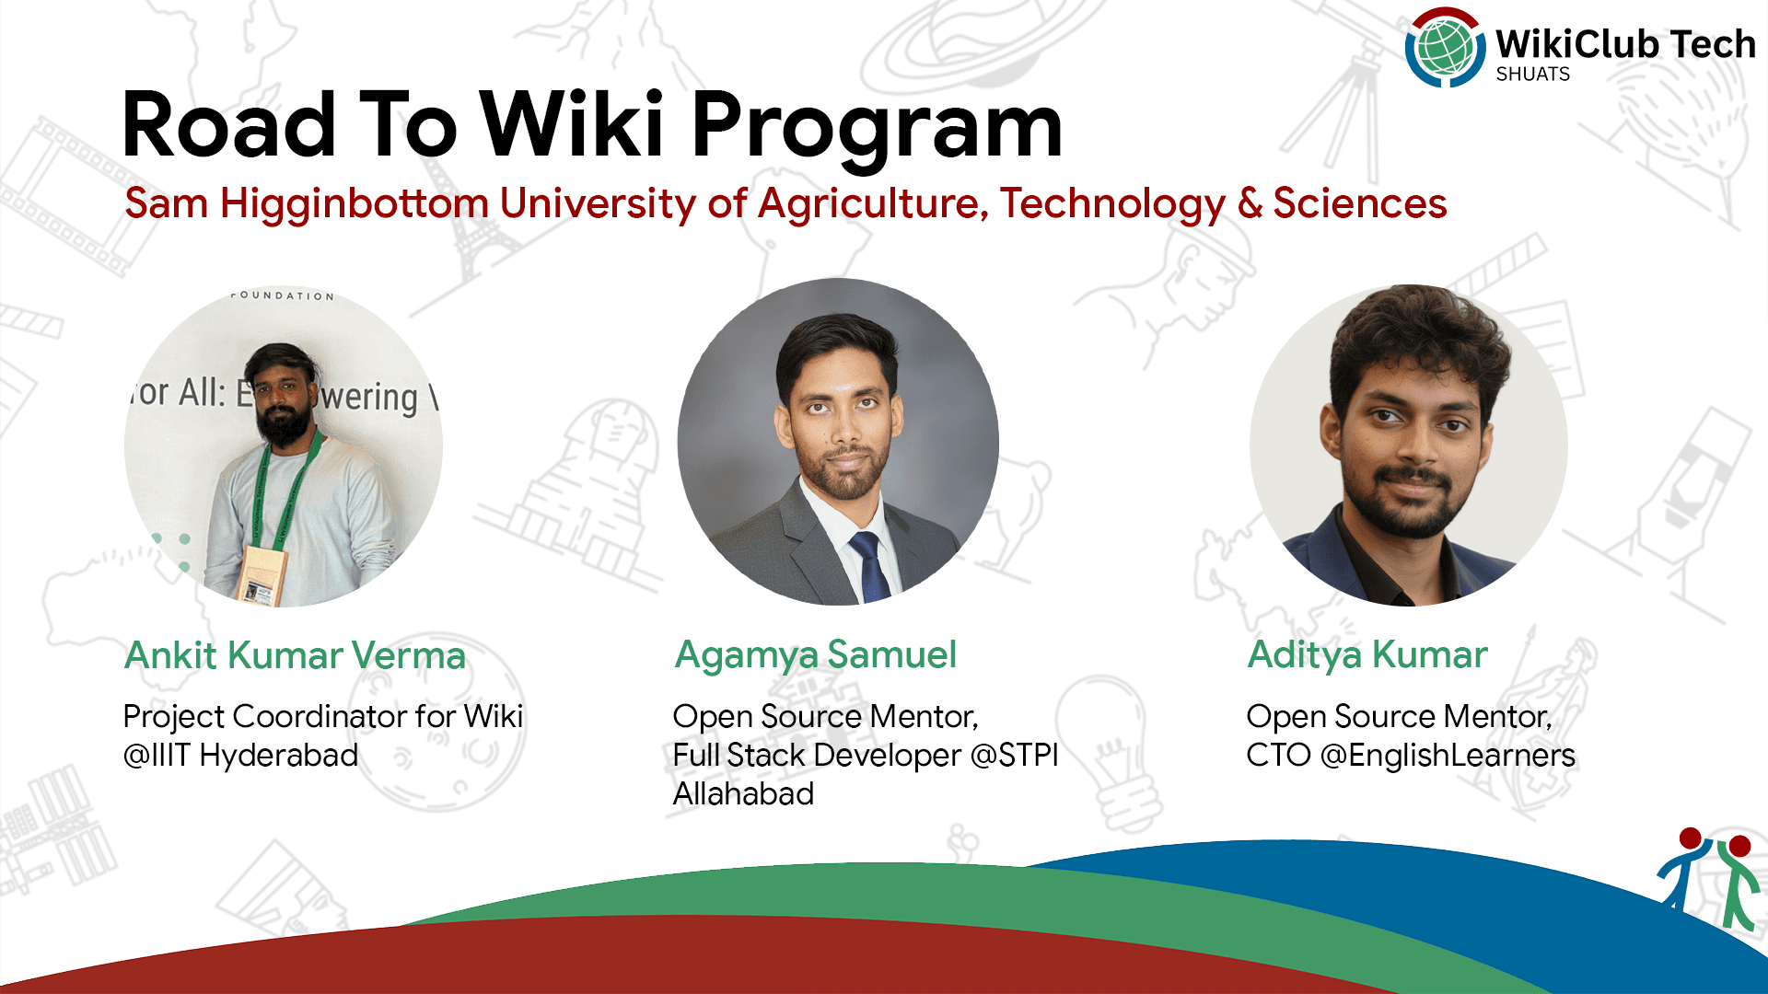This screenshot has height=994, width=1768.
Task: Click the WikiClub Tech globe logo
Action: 1444,48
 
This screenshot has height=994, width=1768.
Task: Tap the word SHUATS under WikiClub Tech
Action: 1532,75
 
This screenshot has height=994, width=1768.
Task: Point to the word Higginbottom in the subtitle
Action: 354,204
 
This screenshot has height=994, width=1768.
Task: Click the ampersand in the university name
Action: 1250,203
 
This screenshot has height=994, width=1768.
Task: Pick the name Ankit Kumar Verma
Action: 295,655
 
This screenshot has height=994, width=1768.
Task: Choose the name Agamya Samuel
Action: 815,655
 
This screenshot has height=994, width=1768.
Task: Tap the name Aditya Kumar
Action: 1367,655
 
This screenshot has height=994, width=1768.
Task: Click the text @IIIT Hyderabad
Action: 240,756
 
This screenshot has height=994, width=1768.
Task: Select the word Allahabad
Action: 743,794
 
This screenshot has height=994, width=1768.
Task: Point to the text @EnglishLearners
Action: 1447,756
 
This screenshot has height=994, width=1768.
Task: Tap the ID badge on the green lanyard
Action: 258,575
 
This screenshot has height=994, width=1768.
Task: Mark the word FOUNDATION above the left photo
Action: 283,295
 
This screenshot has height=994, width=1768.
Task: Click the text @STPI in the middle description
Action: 1014,756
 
